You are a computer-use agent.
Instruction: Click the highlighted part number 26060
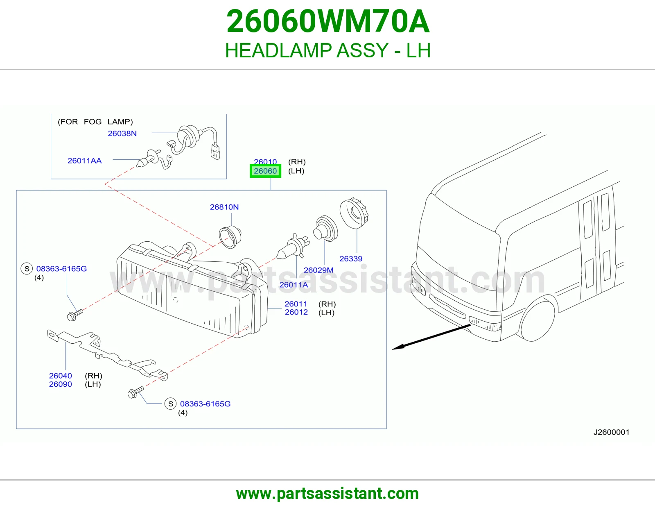(x=265, y=171)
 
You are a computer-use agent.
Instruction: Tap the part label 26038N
(x=122, y=133)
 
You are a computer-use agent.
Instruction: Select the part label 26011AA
(x=85, y=161)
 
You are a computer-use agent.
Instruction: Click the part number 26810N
(x=224, y=207)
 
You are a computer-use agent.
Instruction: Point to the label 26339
(x=351, y=259)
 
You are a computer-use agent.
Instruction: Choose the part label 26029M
(x=318, y=270)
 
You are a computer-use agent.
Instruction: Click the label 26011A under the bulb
(x=294, y=284)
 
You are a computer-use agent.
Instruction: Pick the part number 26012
(x=296, y=312)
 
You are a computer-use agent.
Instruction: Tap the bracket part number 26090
(x=61, y=384)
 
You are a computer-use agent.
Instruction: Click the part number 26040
(x=61, y=376)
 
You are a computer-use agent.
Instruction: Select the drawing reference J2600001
(x=612, y=432)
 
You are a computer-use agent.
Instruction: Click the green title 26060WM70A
(x=328, y=21)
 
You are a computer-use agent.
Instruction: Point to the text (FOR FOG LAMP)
(x=95, y=122)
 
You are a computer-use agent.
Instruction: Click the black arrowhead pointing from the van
(x=398, y=347)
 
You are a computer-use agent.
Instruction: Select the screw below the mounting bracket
(x=136, y=392)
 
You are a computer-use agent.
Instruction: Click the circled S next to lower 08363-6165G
(x=171, y=404)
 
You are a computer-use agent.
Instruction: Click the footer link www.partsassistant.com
(x=327, y=494)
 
